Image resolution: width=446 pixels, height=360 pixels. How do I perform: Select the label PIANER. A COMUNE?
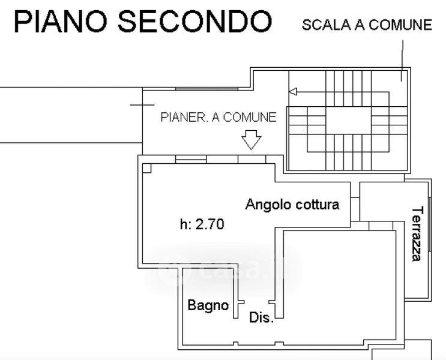pos(218,117)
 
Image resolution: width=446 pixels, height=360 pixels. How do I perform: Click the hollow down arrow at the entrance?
pos(251,140)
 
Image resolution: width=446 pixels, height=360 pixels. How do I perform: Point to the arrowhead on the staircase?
pos(293,92)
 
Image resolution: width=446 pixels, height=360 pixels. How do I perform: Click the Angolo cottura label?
pos(292,204)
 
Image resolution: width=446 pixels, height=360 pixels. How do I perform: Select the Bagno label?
pos(208,305)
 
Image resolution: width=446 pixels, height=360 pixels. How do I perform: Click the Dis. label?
pos(261,319)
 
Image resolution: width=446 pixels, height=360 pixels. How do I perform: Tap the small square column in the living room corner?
pos(147,168)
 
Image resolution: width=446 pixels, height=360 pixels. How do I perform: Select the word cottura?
pos(317,204)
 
